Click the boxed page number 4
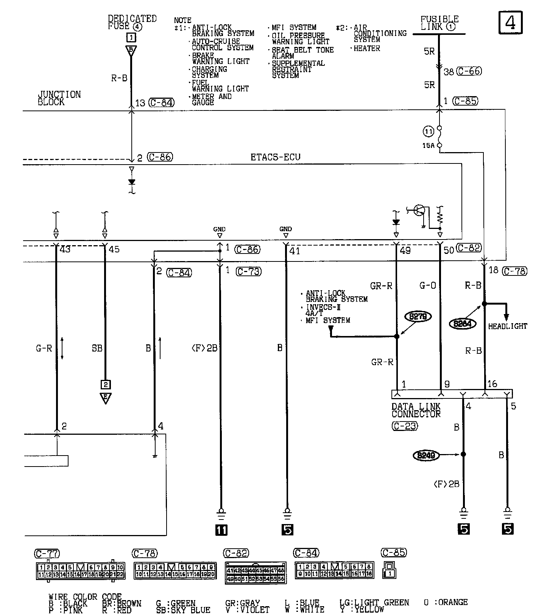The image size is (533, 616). tap(510, 23)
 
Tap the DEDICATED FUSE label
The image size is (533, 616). tap(132, 22)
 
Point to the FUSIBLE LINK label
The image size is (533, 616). tap(439, 23)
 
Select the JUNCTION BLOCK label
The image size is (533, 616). tap(59, 98)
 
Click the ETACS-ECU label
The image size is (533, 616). tap(275, 157)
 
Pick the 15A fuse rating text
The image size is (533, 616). tap(429, 145)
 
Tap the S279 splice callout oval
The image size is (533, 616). tap(418, 316)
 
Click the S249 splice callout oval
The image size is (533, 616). tap(426, 456)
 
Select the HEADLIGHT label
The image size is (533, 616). tap(507, 326)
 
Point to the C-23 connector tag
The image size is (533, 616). tap(405, 426)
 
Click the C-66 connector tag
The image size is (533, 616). tap(469, 71)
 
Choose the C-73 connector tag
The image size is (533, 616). tap(248, 271)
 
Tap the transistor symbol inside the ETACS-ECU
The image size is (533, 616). tap(419, 210)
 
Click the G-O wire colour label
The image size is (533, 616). tap(428, 286)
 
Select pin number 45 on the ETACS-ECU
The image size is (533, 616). tap(114, 250)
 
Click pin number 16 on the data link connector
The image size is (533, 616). tap(492, 384)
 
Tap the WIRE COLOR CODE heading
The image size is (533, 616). tap(85, 597)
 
